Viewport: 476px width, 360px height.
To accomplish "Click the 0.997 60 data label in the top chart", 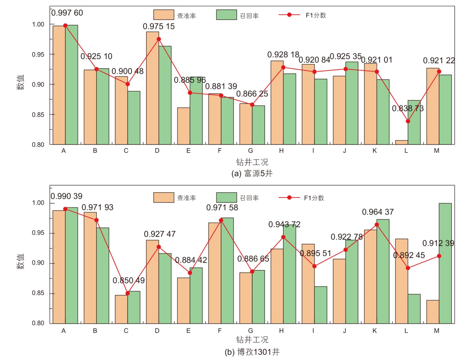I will [x=67, y=13].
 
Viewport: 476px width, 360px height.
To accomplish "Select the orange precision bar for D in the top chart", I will [x=153, y=88].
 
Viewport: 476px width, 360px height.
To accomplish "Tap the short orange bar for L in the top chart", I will [x=401, y=142].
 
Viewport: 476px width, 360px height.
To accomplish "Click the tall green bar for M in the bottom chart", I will [x=445, y=262].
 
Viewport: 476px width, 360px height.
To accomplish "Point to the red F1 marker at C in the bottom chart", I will [x=128, y=293].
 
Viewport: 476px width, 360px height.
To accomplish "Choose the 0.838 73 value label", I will [x=408, y=108].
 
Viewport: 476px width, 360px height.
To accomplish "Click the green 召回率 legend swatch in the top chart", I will [x=226, y=15].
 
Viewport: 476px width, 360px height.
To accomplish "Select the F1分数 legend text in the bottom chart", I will [x=314, y=198].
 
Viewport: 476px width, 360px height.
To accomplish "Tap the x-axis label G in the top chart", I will [x=250, y=151].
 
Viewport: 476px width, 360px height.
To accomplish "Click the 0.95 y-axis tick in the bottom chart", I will [x=38, y=233].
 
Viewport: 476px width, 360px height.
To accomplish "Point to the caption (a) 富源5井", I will [x=252, y=173].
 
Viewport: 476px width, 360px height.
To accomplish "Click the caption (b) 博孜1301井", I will [x=252, y=352].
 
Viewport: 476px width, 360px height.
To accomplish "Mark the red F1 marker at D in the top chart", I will [x=159, y=39].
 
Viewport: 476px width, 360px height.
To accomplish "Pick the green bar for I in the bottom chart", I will [x=320, y=304].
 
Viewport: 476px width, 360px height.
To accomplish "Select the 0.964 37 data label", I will [x=378, y=212].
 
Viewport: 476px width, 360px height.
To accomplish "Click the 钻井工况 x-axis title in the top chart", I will [x=252, y=162].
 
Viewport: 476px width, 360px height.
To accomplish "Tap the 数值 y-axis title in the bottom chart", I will [x=20, y=261].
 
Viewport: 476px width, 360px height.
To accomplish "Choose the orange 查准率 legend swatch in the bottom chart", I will [x=163, y=197].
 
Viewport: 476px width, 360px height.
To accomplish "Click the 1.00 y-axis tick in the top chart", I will [x=38, y=24].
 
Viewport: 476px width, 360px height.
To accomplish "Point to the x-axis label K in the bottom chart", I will [x=374, y=331].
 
